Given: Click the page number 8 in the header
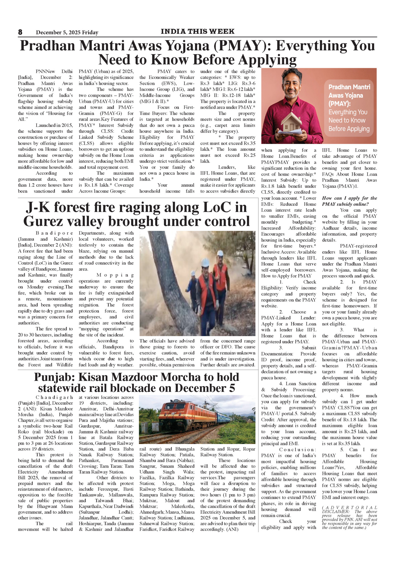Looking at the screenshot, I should click(20, 32).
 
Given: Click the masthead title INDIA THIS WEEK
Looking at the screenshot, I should click(197, 32).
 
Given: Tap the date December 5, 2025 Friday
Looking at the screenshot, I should click(67, 32).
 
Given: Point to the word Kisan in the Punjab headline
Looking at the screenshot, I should click(95, 377).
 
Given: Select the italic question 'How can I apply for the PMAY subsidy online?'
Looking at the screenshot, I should click(349, 201).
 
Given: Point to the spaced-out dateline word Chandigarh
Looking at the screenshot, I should click(54, 397).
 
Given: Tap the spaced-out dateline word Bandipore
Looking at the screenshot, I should click(54, 233).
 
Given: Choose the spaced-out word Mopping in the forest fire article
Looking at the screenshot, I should click(115, 275).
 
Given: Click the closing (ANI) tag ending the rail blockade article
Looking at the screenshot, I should click(232, 529).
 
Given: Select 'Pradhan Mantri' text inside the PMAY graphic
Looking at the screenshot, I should click(349, 87).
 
